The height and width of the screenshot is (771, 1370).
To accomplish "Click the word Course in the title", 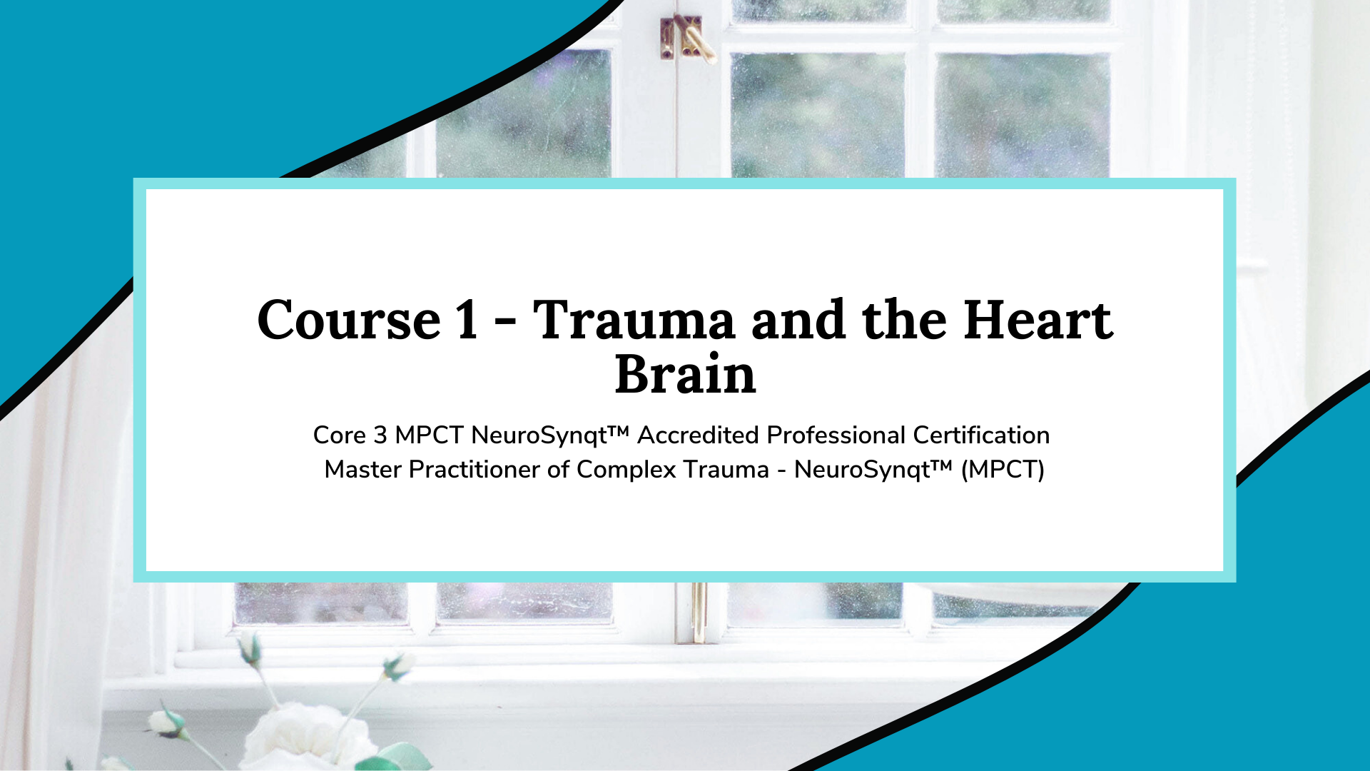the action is (349, 319).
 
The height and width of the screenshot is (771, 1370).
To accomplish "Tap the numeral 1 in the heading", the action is (467, 319).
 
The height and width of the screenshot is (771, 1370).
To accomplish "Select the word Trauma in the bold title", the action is (634, 319).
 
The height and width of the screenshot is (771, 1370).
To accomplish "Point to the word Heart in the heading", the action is (1038, 319).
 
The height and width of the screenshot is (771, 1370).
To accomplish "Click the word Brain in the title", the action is (685, 373).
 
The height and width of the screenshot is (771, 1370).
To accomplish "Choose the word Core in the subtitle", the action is (340, 435).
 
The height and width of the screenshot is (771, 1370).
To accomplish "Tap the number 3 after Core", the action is (380, 435).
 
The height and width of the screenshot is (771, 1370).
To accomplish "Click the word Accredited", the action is (698, 435).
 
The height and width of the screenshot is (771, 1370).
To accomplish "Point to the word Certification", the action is (981, 435).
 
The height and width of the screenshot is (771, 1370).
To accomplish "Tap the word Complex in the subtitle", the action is (626, 469).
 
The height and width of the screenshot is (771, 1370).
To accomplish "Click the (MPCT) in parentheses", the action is (1003, 470).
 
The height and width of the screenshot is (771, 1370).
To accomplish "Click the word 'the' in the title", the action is (904, 319).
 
